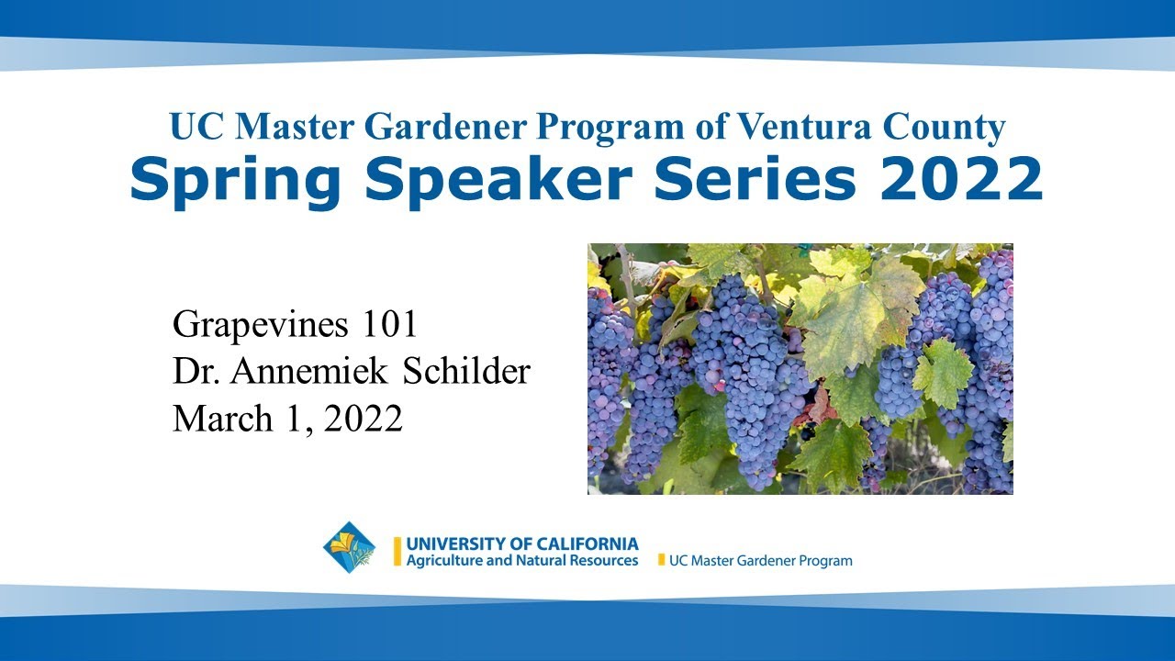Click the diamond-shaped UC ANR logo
click(x=349, y=548)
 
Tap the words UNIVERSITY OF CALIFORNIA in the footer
click(x=522, y=544)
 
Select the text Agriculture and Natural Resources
click(x=522, y=560)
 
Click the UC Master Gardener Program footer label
click(x=761, y=560)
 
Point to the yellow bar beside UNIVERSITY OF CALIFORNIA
click(x=397, y=552)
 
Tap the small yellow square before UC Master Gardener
click(x=661, y=560)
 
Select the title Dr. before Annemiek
click(x=195, y=372)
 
